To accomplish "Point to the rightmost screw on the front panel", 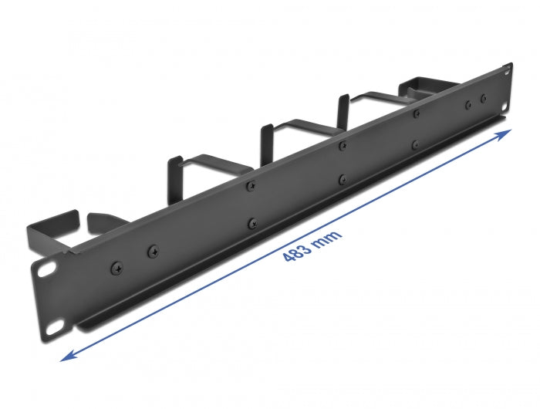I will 484,99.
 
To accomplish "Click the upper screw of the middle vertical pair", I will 343,144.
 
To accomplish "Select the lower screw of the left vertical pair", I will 251,223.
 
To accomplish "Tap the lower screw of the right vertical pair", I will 416,144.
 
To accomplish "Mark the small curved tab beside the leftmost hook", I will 97,223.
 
